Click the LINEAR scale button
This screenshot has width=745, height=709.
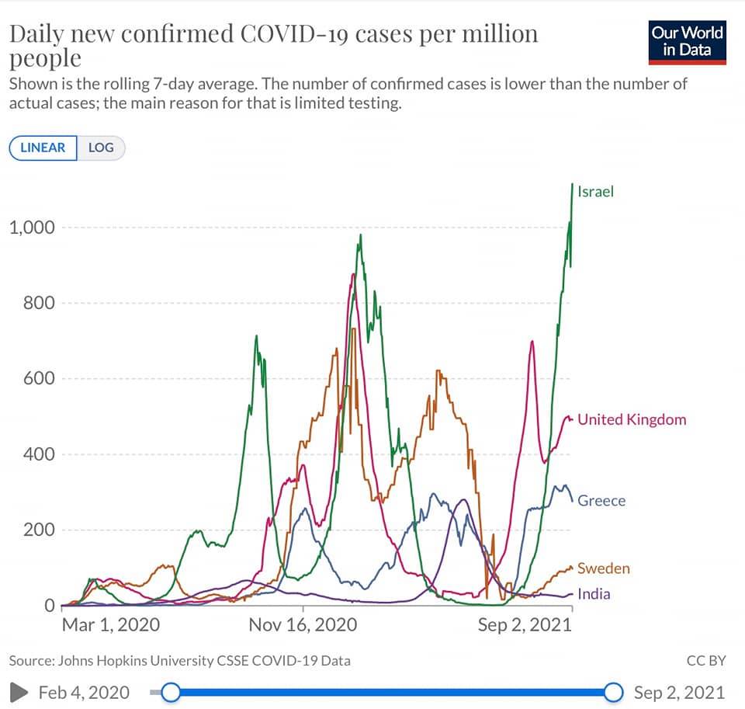point(43,148)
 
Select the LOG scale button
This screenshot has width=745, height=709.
point(101,148)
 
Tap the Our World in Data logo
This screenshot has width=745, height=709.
point(687,42)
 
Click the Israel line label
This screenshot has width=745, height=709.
point(595,192)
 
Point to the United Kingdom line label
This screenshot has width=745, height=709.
point(632,419)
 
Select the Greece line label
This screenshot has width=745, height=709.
point(601,500)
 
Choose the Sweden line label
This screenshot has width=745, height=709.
point(604,568)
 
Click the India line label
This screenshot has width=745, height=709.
point(594,594)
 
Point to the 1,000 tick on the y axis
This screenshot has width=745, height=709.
point(33,228)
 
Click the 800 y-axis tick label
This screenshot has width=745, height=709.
point(39,302)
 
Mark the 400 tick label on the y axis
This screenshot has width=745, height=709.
point(39,454)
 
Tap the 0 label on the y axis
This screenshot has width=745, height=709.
point(50,606)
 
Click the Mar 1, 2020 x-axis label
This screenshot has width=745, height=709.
point(111,625)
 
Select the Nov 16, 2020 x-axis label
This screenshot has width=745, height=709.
point(303,625)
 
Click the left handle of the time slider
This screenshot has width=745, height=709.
point(171,693)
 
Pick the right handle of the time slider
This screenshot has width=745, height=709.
point(613,693)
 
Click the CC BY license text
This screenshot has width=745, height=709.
point(706,661)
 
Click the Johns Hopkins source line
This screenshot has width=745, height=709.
point(179,661)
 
